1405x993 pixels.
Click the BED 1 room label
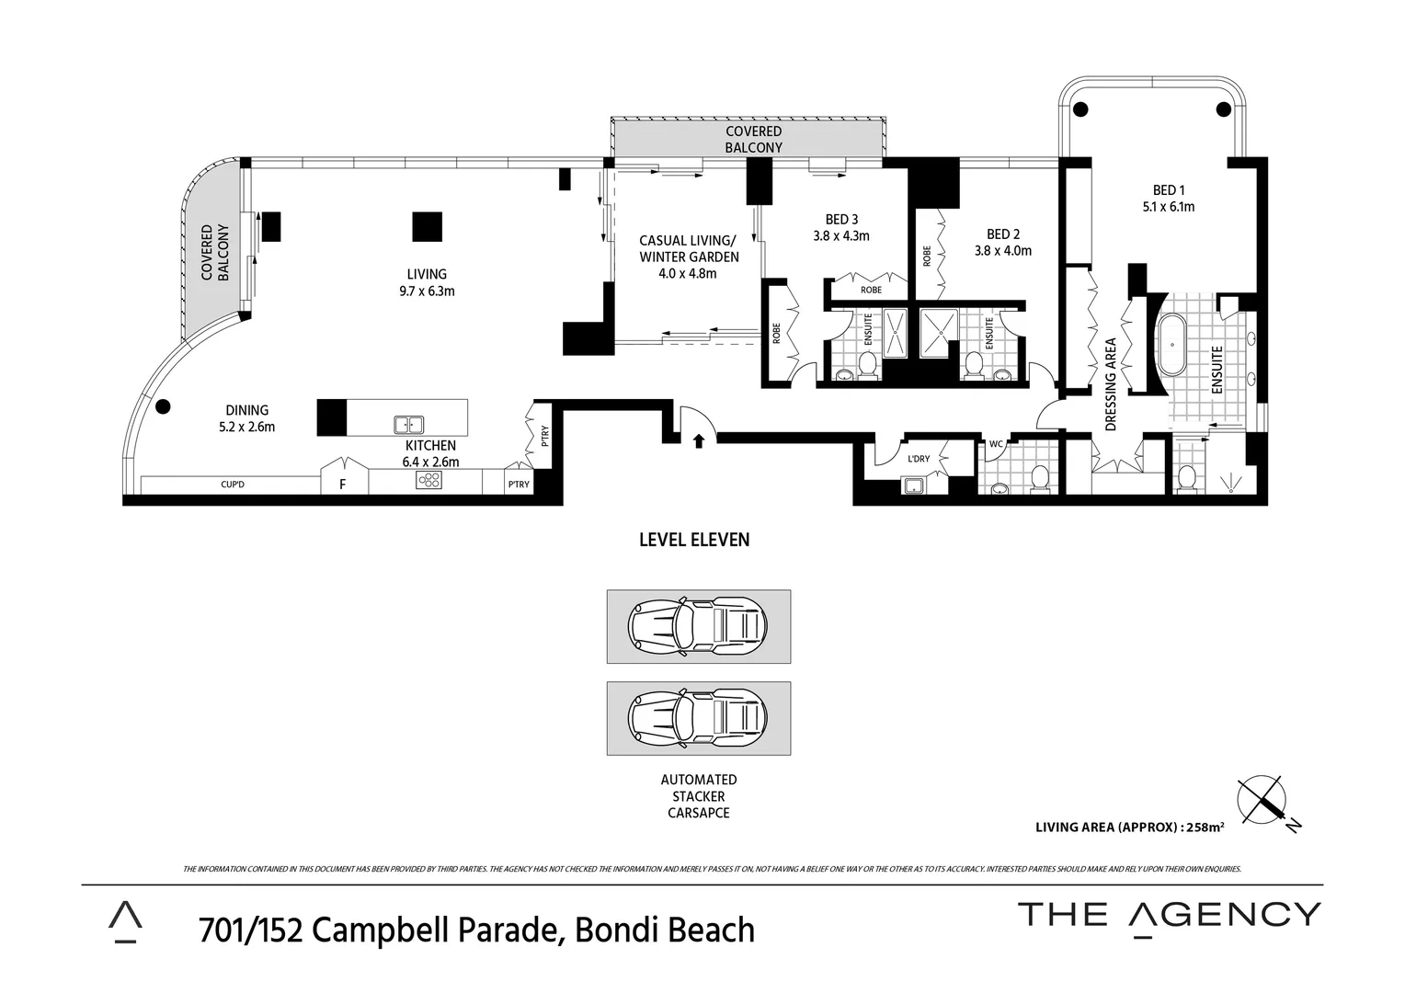[x=1169, y=199]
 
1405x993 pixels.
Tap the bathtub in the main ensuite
[x=1171, y=345]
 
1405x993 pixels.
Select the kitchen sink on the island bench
[x=408, y=425]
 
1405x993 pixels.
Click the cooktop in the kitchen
[x=428, y=480]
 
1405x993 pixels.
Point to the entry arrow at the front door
[x=698, y=441]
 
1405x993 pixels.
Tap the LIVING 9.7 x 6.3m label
[x=427, y=282]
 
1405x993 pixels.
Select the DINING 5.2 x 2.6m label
[x=246, y=418]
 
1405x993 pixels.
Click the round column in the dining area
[x=163, y=406]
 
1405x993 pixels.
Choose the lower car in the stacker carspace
[x=698, y=717]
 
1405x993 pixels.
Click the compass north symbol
[x=1262, y=801]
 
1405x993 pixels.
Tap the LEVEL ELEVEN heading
[x=694, y=540]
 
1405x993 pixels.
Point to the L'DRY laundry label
[x=919, y=459]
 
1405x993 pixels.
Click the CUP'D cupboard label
[x=233, y=485]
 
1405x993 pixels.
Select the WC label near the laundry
[x=996, y=444]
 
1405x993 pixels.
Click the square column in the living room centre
[x=427, y=226]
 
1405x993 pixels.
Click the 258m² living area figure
[x=1205, y=827]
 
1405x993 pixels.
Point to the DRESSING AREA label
[x=1111, y=384]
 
